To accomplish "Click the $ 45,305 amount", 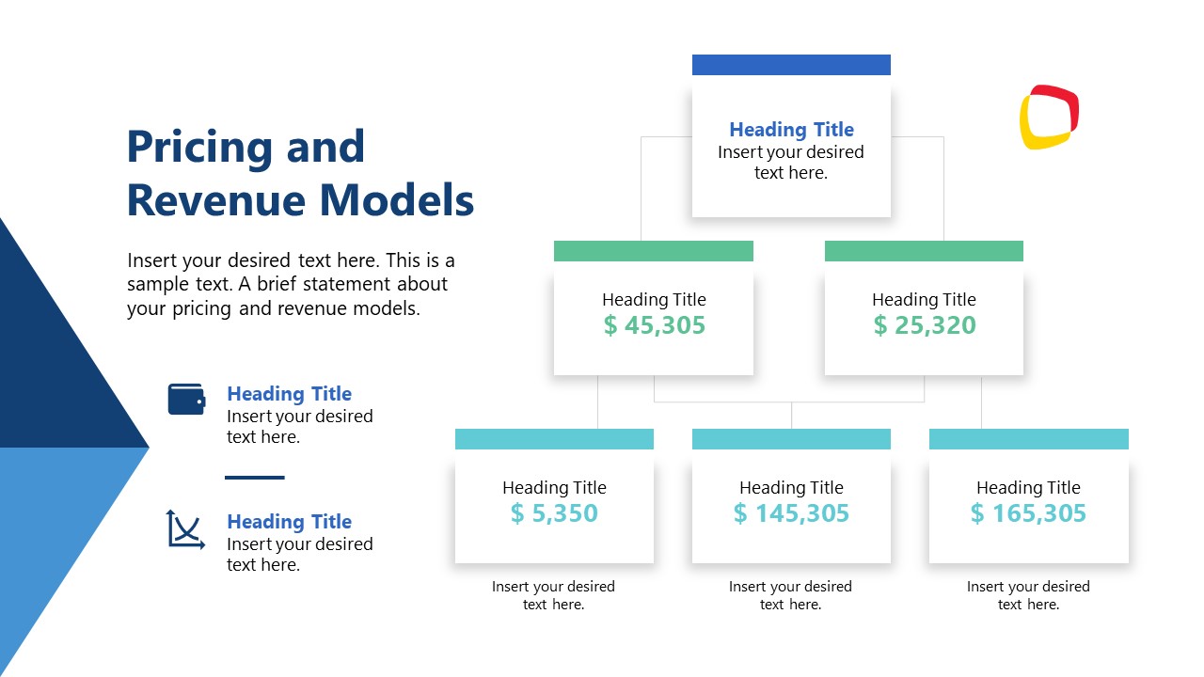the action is point(654,325).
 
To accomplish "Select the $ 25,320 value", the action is point(925,325).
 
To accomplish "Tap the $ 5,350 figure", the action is point(554,513).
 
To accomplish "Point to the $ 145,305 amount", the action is point(791,513).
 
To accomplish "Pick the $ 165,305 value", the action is point(1028,513).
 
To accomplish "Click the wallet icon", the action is point(186,400).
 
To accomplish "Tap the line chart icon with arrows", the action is point(185,529).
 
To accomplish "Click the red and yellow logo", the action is point(1049,118).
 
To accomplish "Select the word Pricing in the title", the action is point(200,148).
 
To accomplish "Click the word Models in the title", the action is point(397,200).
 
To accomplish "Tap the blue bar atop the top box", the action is point(791,65).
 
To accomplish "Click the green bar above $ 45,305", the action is point(654,251).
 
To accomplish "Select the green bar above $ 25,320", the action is point(924,251).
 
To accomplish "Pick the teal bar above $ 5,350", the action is point(554,439).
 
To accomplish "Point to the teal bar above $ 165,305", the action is point(1029,439).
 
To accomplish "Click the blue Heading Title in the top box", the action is point(791,130).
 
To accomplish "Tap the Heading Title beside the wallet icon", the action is point(289,394).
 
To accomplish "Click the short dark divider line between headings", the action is point(255,477).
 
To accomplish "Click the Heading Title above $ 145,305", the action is point(791,487).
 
